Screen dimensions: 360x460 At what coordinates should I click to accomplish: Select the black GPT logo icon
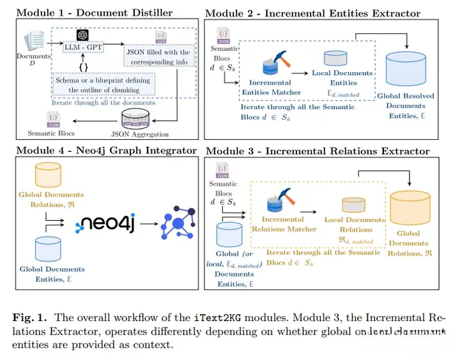[82, 36]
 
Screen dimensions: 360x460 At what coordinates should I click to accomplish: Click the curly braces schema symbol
[83, 66]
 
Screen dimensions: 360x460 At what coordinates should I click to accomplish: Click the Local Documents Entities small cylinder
[335, 58]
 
